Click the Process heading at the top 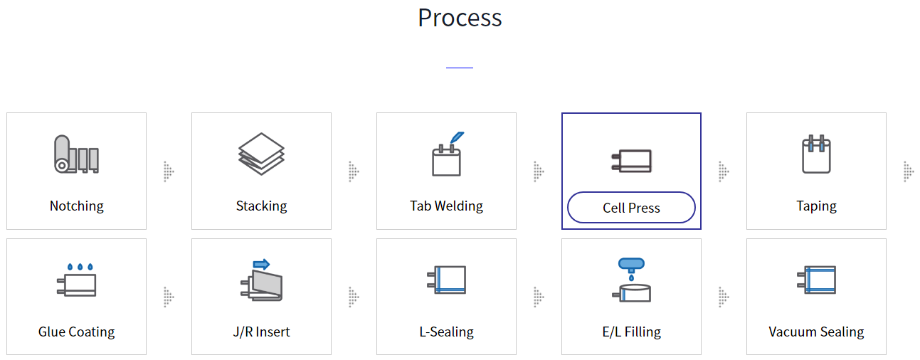[460, 18]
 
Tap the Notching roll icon [76, 154]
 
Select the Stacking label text [261, 206]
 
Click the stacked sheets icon [261, 154]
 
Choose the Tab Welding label [446, 206]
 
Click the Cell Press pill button [631, 208]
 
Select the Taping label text [816, 206]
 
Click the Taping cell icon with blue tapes [816, 154]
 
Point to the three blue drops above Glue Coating [80, 268]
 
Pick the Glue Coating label [76, 332]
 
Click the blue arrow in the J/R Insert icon [261, 264]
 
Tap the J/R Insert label [261, 332]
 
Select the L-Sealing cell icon [447, 280]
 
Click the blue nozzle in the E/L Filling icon [631, 264]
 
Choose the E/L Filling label [631, 332]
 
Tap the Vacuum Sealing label [816, 332]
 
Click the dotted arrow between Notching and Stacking [169, 171]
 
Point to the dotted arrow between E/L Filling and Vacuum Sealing [724, 297]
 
